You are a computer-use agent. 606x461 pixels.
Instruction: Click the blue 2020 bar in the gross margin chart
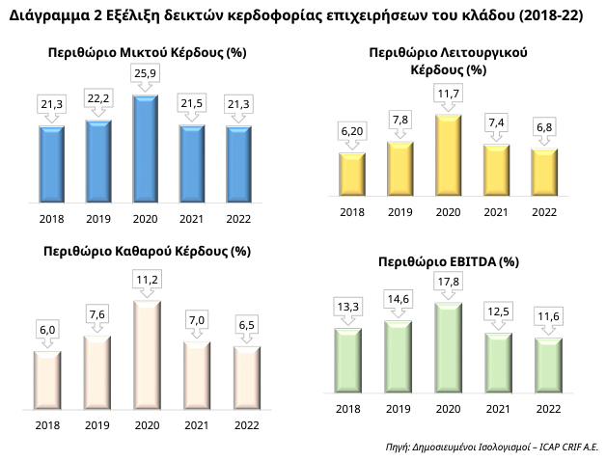145,145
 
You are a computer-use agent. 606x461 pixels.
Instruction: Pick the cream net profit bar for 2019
97,371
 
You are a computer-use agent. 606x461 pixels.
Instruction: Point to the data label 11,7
449,94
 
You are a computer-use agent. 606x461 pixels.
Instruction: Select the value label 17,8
448,282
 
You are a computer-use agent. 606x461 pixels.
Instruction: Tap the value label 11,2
146,280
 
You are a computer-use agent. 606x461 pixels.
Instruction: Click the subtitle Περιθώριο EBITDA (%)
449,261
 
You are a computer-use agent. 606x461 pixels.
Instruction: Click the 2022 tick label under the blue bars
238,218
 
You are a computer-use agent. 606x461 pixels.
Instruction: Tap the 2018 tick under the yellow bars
352,213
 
